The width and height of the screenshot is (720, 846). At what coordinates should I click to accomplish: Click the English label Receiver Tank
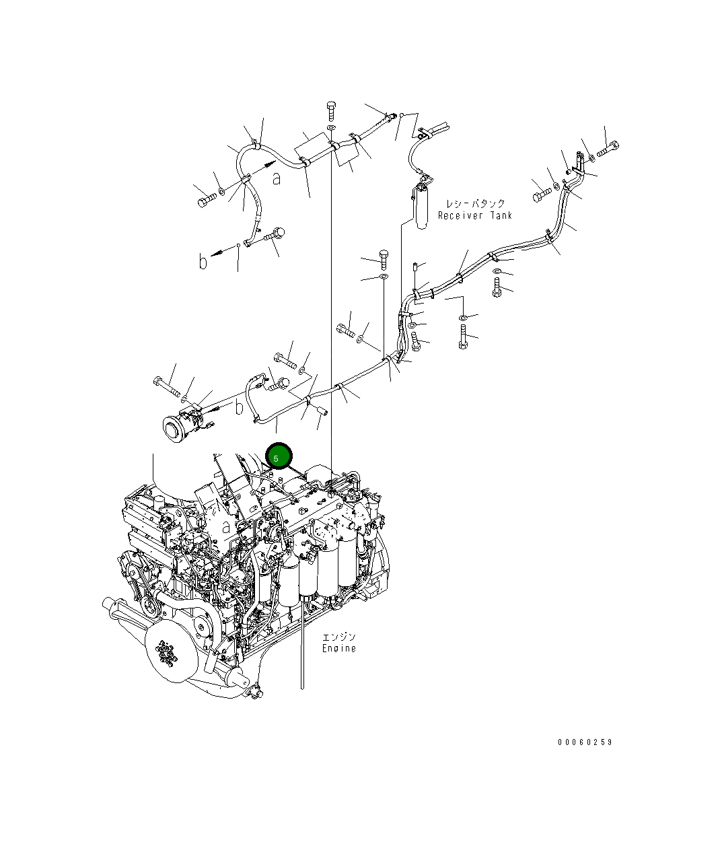click(x=474, y=215)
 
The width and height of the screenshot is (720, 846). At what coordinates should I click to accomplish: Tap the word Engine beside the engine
click(x=338, y=648)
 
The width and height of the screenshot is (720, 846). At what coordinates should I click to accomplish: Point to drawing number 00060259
click(x=585, y=742)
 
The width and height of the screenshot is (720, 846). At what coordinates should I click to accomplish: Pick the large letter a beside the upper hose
click(x=277, y=178)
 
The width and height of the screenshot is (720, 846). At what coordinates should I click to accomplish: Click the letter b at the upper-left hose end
click(x=203, y=261)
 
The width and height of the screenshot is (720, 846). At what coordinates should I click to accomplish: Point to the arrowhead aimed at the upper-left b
click(x=215, y=253)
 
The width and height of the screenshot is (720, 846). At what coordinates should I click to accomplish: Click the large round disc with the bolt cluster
click(x=167, y=651)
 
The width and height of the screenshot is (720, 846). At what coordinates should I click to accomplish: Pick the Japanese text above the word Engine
click(x=338, y=637)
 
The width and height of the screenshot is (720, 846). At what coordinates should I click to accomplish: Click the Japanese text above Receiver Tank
click(x=475, y=203)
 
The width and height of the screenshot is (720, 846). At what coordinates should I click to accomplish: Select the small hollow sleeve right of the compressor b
click(x=321, y=409)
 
